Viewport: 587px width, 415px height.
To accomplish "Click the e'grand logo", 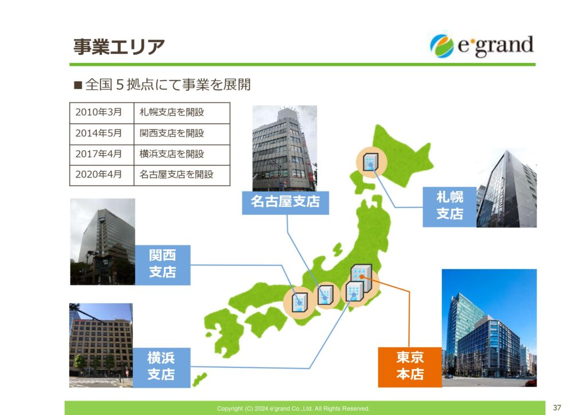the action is [482, 46].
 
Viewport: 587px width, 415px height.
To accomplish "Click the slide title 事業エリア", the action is [119, 47].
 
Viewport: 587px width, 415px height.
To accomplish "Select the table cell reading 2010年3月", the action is [102, 113].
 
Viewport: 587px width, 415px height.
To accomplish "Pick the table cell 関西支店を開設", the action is [182, 134].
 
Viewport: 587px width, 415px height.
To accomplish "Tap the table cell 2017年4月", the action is [102, 155].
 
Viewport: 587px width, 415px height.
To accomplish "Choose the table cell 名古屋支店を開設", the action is [182, 175].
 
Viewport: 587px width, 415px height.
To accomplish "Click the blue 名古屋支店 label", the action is [285, 202].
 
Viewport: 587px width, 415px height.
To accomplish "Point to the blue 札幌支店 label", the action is [449, 206].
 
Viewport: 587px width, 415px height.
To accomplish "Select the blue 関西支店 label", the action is [162, 265].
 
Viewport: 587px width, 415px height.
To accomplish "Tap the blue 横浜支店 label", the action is [161, 367].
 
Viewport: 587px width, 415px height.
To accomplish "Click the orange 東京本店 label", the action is [410, 367].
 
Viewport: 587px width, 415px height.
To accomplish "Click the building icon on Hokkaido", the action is [370, 162].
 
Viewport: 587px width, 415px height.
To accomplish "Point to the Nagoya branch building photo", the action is [284, 148].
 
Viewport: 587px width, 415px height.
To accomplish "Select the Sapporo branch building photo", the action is [507, 188].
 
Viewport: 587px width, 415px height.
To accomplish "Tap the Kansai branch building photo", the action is [103, 242].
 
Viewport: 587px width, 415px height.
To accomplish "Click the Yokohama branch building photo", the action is [101, 345].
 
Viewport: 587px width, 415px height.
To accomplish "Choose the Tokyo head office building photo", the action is [490, 328].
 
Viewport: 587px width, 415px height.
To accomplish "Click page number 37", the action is [557, 408].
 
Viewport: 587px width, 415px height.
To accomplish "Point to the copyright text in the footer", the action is [293, 409].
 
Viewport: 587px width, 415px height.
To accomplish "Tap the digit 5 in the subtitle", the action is [120, 85].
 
